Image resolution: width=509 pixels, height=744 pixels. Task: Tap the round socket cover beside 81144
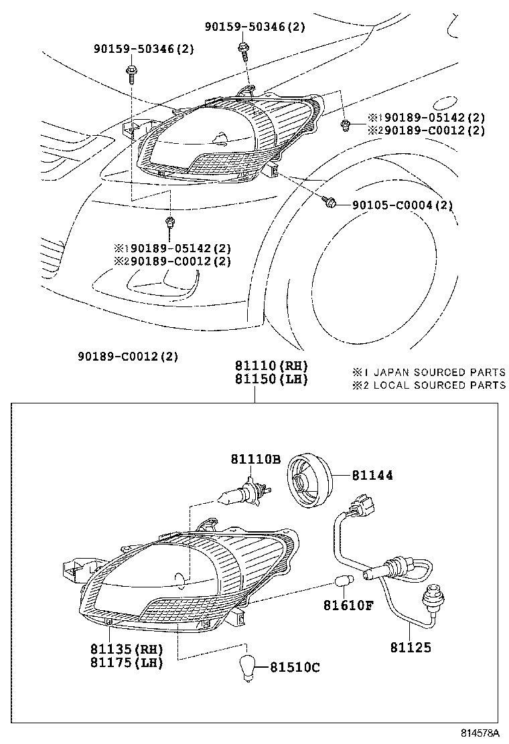pyautogui.click(x=309, y=477)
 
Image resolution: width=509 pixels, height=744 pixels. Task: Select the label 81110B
pyautogui.click(x=255, y=459)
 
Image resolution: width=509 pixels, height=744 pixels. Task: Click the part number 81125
pyautogui.click(x=411, y=647)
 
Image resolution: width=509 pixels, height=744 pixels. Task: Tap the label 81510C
pyautogui.click(x=295, y=667)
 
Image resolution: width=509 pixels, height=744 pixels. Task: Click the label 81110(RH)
pyautogui.click(x=271, y=366)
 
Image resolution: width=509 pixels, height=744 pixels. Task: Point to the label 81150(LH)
pyautogui.click(x=271, y=379)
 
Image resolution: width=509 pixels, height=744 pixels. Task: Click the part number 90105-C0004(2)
pyautogui.click(x=402, y=205)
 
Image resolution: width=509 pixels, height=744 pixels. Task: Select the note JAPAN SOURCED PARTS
pyautogui.click(x=439, y=372)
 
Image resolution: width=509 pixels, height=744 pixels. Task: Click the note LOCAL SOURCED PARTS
pyautogui.click(x=439, y=385)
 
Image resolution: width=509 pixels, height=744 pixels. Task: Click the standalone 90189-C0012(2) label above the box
pyautogui.click(x=127, y=356)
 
